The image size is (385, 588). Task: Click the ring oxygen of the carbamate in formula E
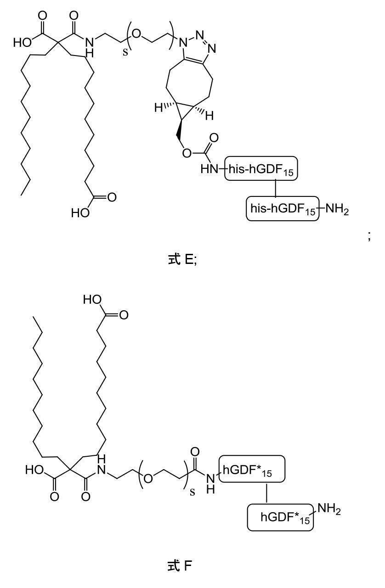(x=186, y=153)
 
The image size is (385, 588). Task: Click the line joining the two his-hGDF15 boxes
(x=275, y=189)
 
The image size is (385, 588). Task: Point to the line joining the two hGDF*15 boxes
(x=267, y=493)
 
